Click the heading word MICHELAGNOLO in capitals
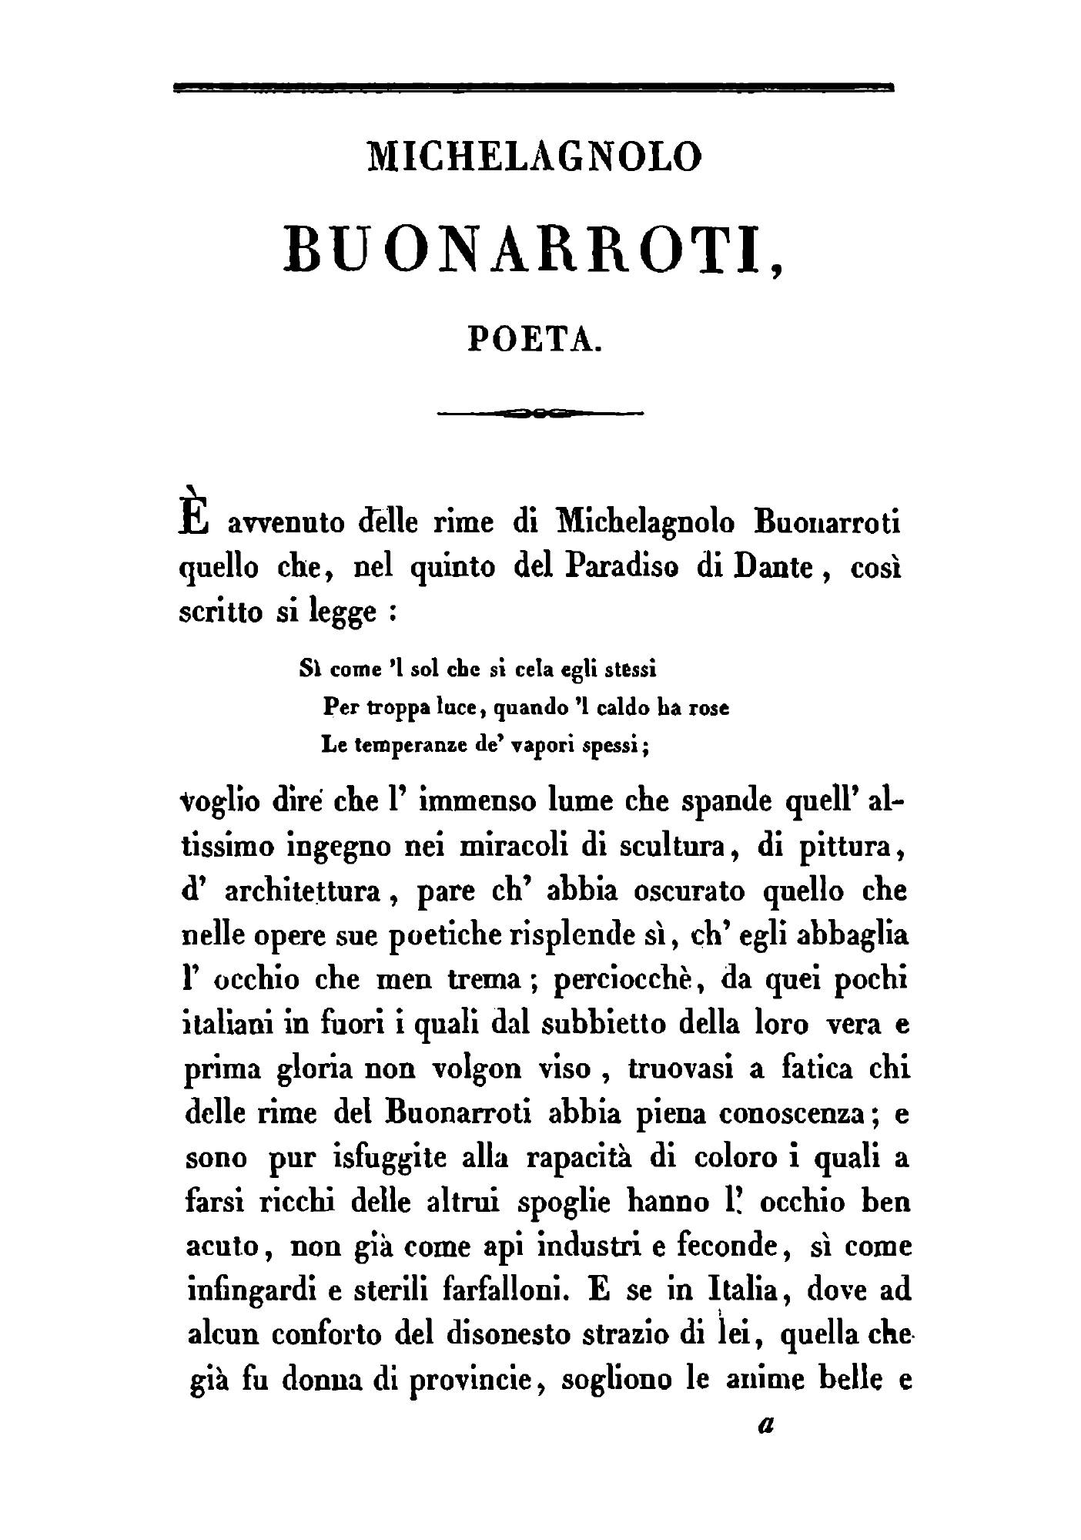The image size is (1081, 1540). [x=536, y=155]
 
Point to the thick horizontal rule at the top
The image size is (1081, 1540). [x=533, y=88]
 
